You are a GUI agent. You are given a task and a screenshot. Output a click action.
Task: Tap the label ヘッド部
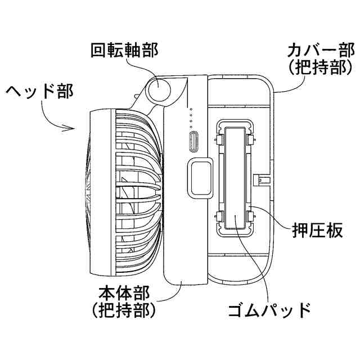coord(38,91)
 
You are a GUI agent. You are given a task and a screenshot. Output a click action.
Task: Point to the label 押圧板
coord(318,231)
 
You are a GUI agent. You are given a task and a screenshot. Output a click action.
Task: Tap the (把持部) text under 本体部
coord(124,310)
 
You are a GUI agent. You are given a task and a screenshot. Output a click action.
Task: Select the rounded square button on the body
coord(200,177)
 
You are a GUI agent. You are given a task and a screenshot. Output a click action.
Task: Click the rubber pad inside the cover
coord(233,177)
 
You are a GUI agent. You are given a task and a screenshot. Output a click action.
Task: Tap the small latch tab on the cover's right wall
coord(262,180)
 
